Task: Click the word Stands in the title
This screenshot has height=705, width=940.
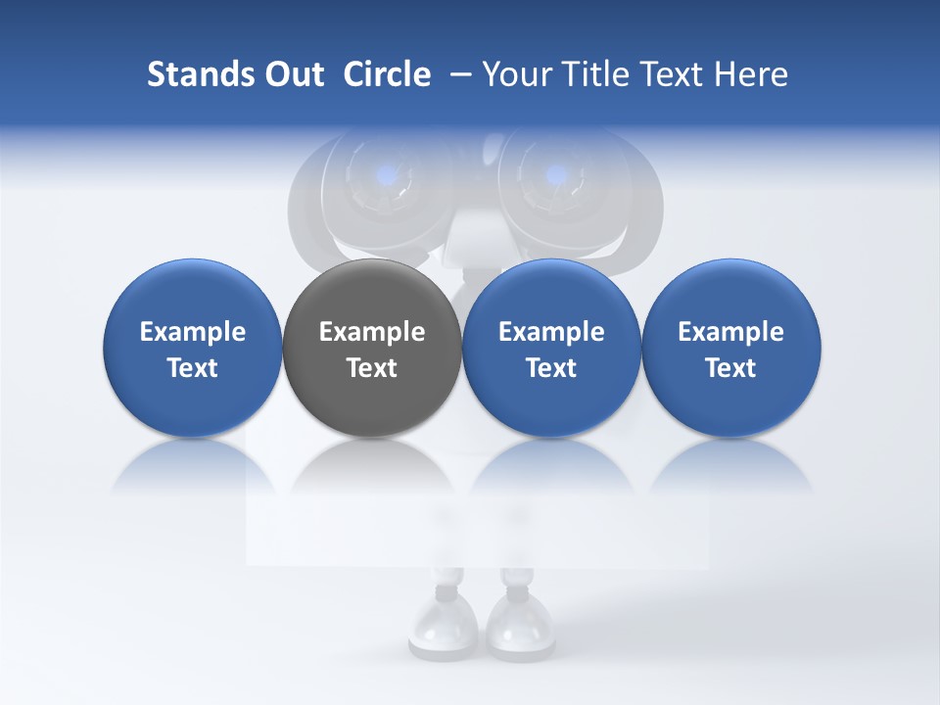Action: tap(197, 74)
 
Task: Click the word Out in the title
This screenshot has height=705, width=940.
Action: tap(291, 74)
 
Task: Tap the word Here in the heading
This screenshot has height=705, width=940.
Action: tap(752, 74)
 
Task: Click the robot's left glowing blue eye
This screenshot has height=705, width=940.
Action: tap(387, 176)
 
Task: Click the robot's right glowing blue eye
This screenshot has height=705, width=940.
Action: tap(555, 176)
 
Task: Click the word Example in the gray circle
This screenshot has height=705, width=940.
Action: tap(372, 332)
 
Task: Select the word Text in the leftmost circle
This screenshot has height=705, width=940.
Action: tap(193, 368)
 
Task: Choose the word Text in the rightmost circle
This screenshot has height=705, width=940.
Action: tap(731, 368)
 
